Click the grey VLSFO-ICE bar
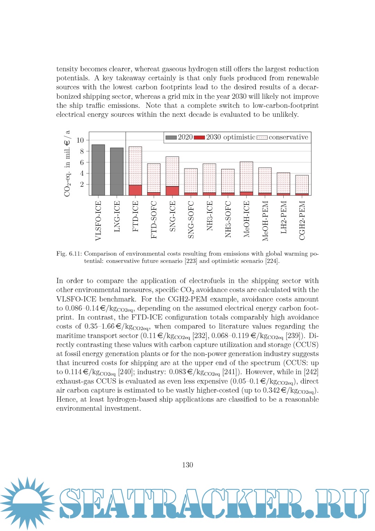[98, 170]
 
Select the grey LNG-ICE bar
[117, 171]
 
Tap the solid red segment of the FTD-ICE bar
[135, 190]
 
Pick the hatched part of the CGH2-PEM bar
[302, 184]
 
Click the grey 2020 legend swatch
[171, 137]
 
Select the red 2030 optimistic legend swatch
[199, 137]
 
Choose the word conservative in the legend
[288, 137]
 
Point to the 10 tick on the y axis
[80, 140]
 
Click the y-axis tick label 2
[82, 184]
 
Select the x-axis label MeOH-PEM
[265, 221]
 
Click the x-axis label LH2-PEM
[284, 217]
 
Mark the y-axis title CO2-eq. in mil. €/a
[67, 163]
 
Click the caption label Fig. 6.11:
[69, 254]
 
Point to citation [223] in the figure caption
[191, 261]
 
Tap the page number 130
[187, 465]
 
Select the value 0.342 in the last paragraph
[271, 390]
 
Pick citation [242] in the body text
[311, 372]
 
